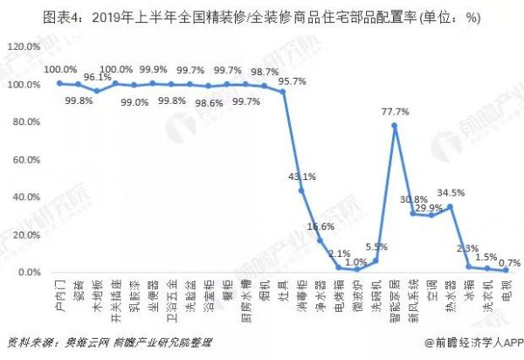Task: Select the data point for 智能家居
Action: (x=394, y=126)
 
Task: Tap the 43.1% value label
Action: (x=302, y=176)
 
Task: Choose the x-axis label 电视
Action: (x=508, y=293)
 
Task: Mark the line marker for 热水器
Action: (x=450, y=207)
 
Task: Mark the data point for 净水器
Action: (x=320, y=241)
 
